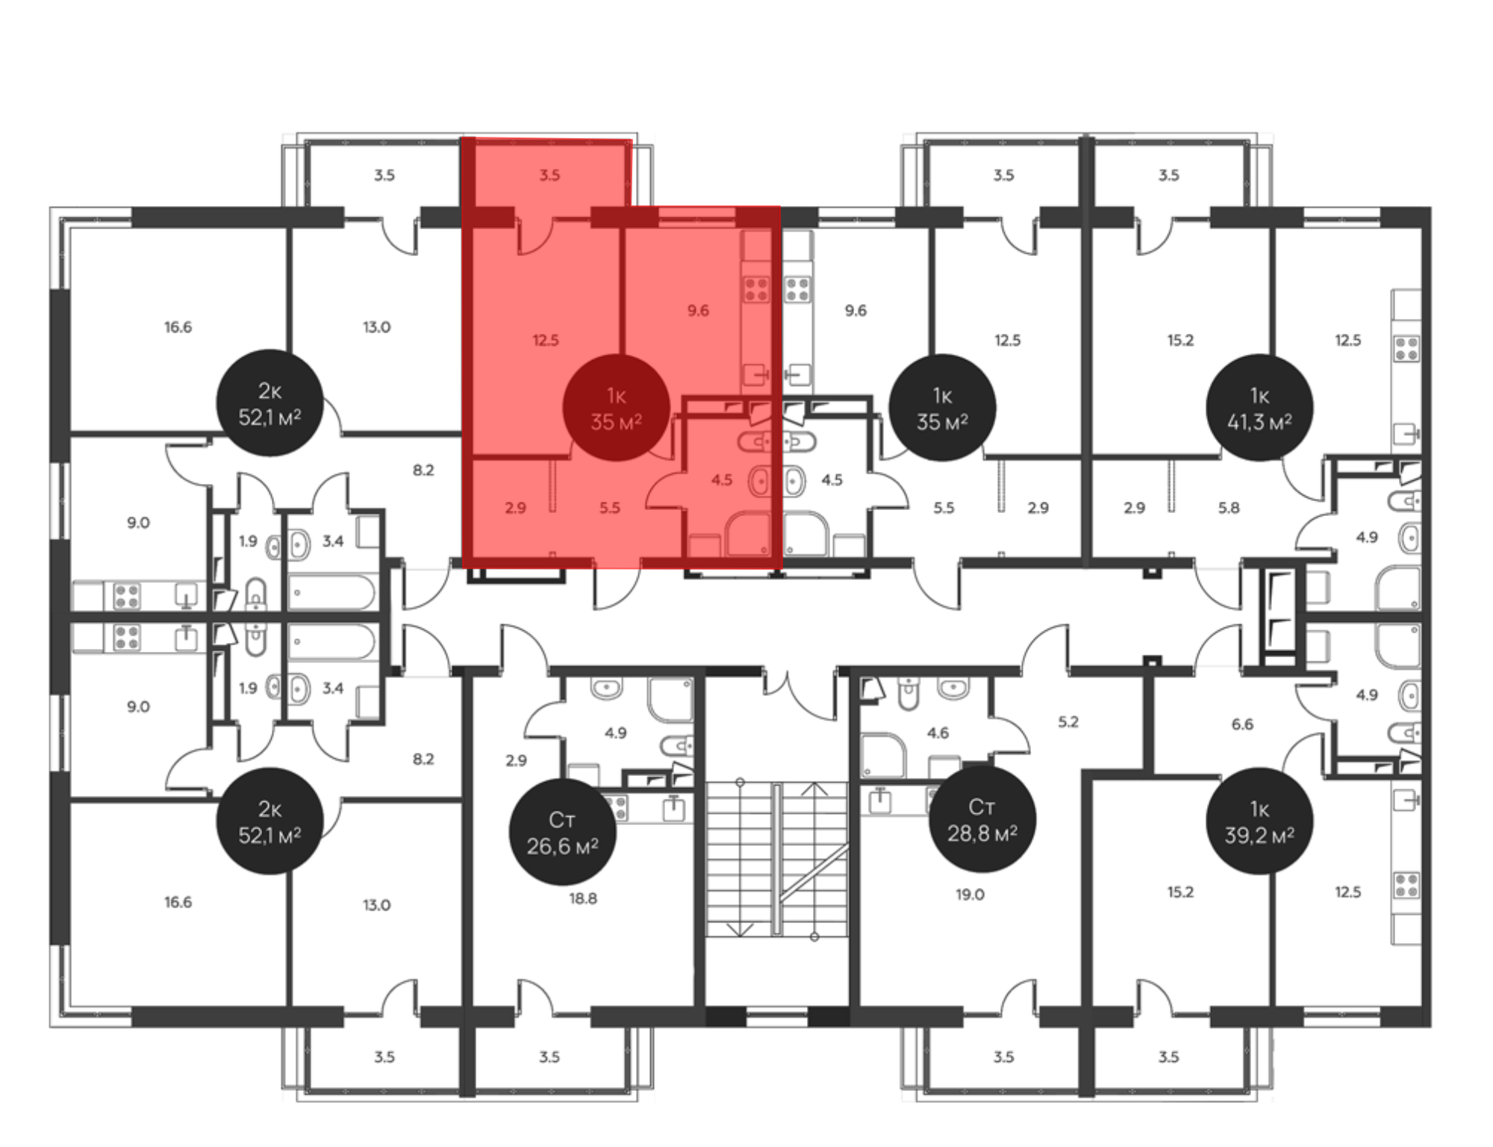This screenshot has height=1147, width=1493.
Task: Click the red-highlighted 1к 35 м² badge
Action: (x=616, y=408)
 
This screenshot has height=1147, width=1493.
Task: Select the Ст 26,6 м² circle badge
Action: (x=562, y=833)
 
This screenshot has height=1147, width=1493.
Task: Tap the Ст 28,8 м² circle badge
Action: (x=982, y=819)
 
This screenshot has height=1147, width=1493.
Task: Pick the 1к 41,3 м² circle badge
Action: (x=1259, y=408)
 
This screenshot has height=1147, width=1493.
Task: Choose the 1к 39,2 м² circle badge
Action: (x=1259, y=821)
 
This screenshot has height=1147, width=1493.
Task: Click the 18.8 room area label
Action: (x=583, y=898)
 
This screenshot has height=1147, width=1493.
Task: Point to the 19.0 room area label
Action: (x=970, y=894)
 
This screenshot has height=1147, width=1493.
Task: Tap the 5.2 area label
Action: (x=1068, y=721)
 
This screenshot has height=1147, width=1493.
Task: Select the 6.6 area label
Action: (x=1242, y=724)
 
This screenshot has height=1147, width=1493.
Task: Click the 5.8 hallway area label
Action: (x=1229, y=508)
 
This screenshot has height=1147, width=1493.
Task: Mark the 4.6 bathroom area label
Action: (x=938, y=733)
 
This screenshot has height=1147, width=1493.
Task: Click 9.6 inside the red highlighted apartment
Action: (x=698, y=310)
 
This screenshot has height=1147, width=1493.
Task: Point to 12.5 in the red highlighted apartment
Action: (x=546, y=340)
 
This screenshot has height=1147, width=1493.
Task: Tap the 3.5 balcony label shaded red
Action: (x=549, y=175)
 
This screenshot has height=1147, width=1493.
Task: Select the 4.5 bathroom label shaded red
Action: (x=722, y=479)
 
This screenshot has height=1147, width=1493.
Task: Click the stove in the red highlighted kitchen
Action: (x=756, y=289)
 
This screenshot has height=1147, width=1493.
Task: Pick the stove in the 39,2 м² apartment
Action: (x=1406, y=885)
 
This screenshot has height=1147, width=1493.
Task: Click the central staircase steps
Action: (x=777, y=859)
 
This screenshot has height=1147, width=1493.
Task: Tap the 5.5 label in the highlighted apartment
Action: (x=610, y=508)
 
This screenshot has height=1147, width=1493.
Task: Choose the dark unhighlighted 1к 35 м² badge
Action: (x=942, y=408)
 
